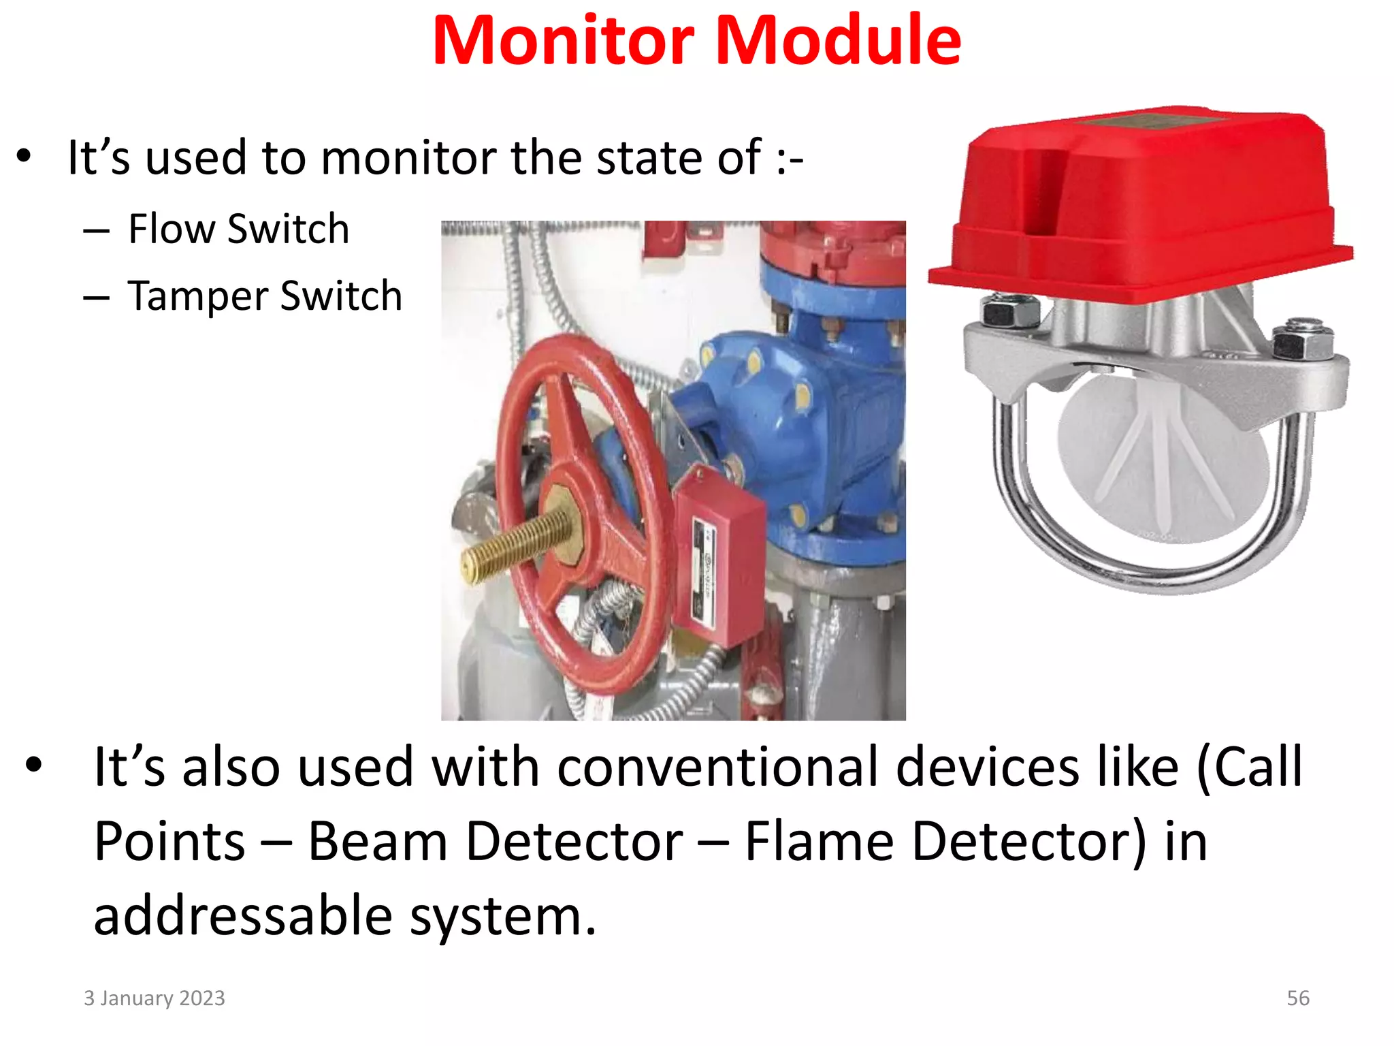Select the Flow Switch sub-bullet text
pos(238,229)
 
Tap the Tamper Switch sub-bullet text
pos(265,296)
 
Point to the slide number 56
pos(1297,998)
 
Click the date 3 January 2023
pos(155,998)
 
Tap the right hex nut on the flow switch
pos(1301,340)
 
